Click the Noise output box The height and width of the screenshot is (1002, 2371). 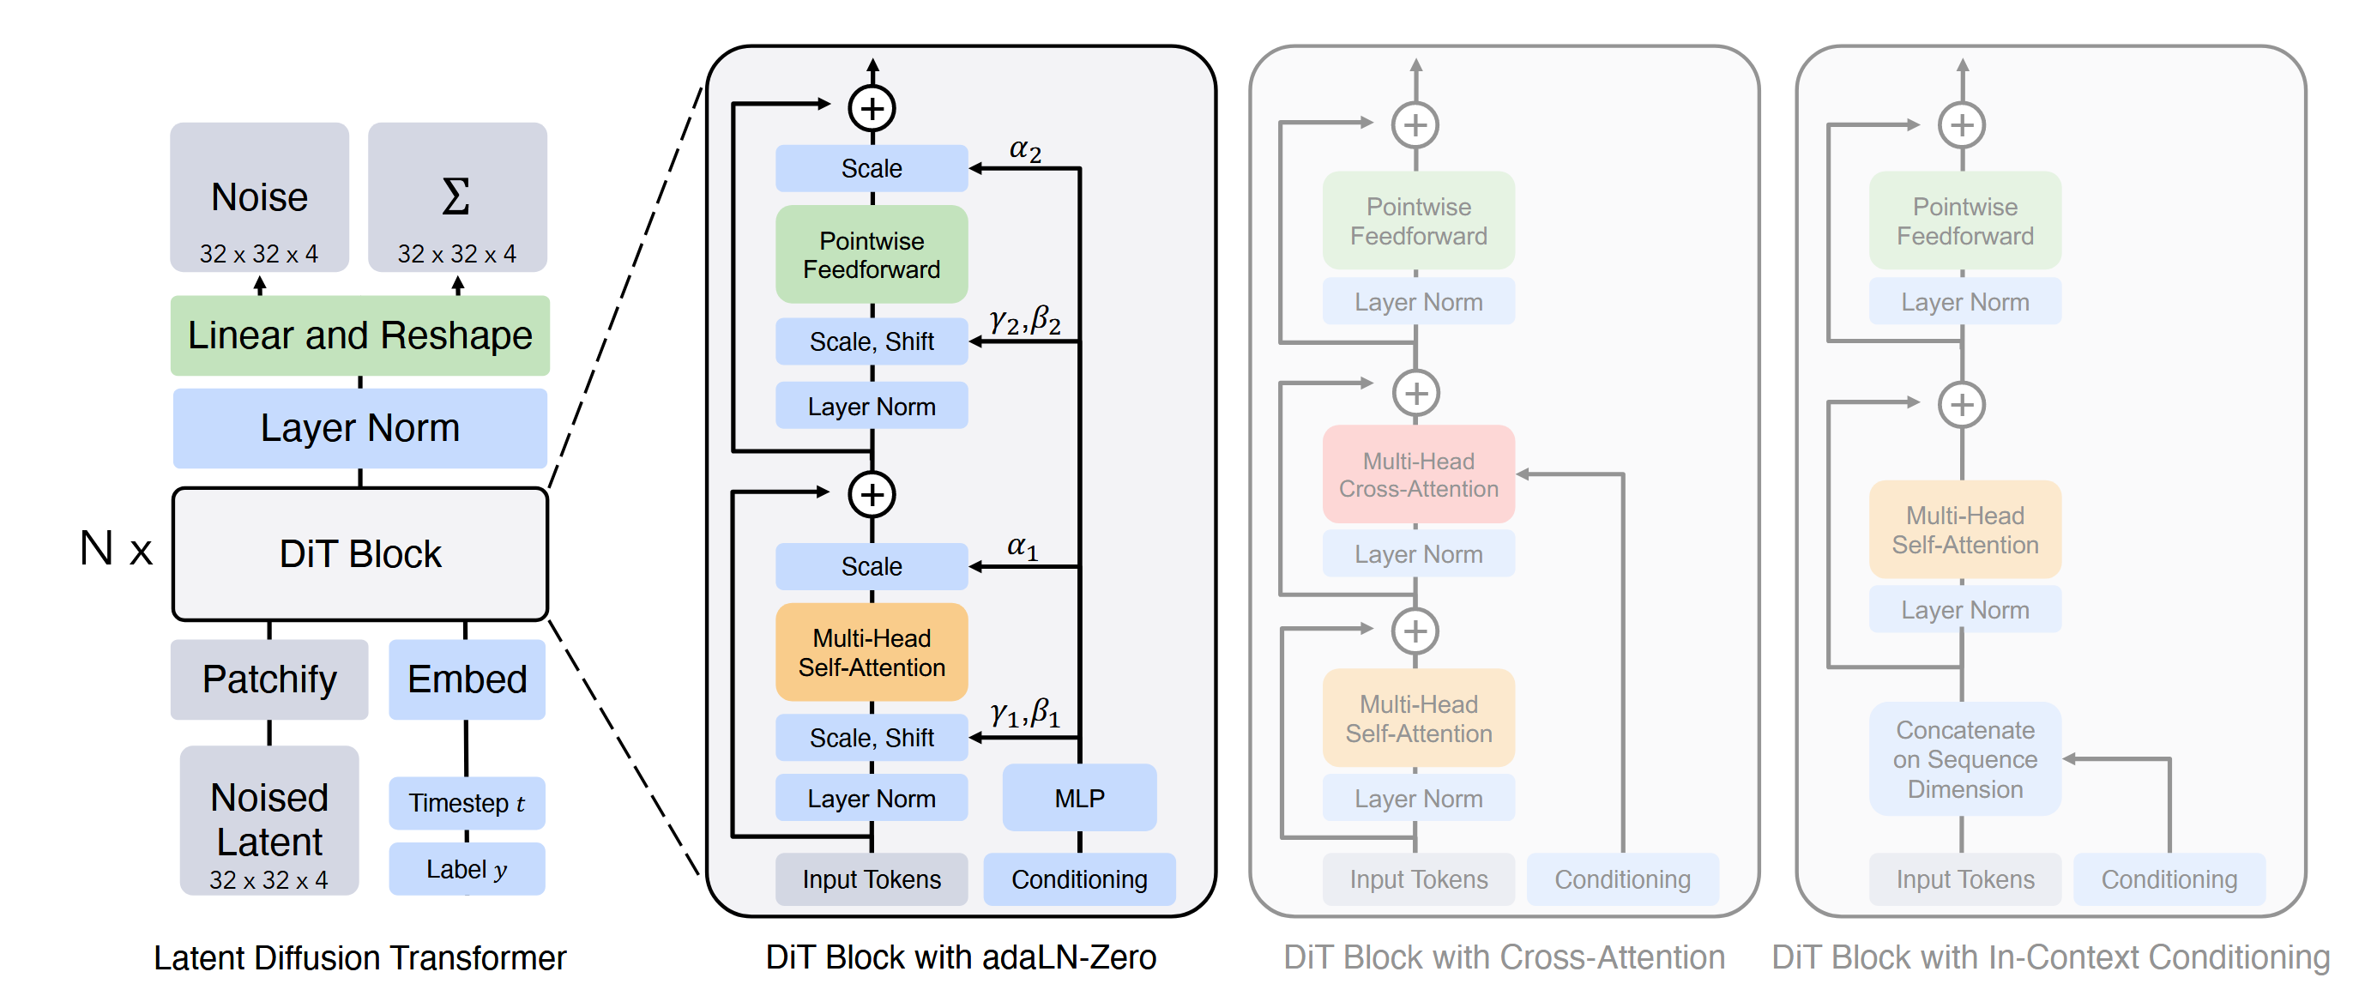[x=259, y=197]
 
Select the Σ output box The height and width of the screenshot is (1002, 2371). [x=456, y=197]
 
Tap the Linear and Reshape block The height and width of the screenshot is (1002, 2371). [x=360, y=335]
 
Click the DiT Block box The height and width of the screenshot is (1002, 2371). [x=360, y=554]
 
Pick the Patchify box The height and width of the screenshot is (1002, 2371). [x=268, y=679]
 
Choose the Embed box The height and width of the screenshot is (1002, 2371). [x=467, y=679]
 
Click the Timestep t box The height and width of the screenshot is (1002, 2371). [x=467, y=802]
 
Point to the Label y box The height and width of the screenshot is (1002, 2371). [x=467, y=868]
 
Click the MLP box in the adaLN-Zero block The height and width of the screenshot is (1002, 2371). [x=1079, y=798]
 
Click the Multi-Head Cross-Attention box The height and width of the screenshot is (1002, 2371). [x=1417, y=474]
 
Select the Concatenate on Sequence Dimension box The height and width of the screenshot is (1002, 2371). [x=1964, y=759]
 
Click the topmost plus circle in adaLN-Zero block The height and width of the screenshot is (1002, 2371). [x=872, y=109]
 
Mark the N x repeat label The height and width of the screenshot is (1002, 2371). [x=116, y=549]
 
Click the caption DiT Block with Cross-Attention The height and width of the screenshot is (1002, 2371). [x=1503, y=957]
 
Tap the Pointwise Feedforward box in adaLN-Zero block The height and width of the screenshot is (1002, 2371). [x=872, y=255]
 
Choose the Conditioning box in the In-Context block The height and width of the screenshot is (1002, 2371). [x=2169, y=878]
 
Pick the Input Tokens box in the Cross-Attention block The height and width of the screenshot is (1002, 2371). [x=1417, y=878]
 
